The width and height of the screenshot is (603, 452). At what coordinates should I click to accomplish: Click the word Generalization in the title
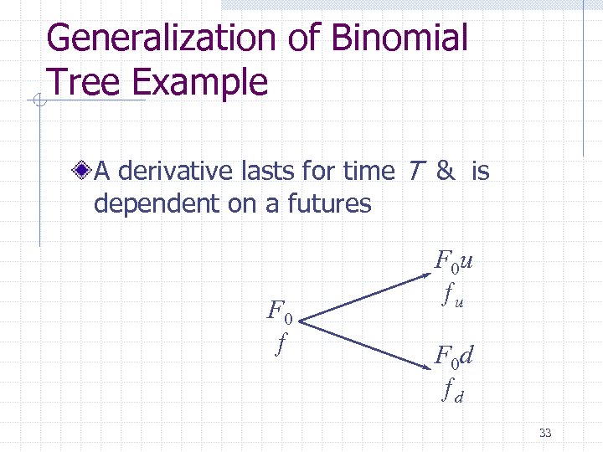[159, 39]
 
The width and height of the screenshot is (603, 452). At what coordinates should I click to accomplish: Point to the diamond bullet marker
[82, 172]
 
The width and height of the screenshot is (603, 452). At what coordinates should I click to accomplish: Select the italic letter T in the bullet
[415, 172]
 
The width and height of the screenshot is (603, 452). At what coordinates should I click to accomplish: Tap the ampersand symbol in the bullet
[446, 172]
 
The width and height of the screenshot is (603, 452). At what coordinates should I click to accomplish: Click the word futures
[329, 203]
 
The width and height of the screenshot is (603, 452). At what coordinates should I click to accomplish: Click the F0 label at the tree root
[280, 312]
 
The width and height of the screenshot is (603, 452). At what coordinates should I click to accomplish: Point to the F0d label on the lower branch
[454, 357]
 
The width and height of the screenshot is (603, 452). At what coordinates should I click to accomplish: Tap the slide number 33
[545, 433]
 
